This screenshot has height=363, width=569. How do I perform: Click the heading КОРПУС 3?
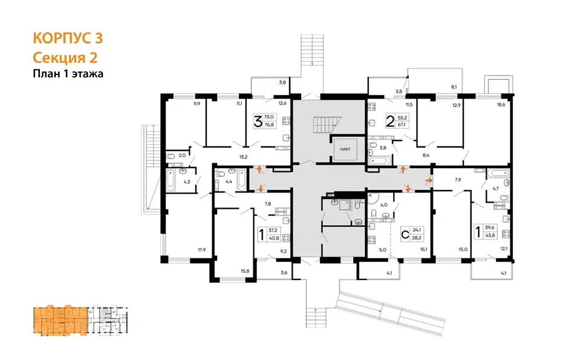pos(68,38)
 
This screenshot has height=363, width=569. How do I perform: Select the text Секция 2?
pos(65,57)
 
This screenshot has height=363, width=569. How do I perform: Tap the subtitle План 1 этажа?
pos(68,74)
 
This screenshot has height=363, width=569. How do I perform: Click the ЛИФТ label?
pos(345,149)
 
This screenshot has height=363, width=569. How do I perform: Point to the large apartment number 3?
pos(258,122)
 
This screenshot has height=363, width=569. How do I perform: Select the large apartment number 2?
pos(390,122)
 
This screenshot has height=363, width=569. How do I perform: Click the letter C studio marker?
pos(405,233)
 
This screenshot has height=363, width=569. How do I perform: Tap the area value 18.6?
pos(501,105)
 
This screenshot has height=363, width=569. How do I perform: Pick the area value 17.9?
pos(202,250)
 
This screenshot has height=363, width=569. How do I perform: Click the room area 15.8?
pos(245,270)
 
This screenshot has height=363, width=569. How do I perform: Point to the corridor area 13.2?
pos(244,157)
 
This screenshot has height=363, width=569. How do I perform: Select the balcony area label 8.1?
pos(454,87)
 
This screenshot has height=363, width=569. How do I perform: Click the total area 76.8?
pos(269,125)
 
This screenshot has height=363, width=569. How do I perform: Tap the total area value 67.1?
pos(402,125)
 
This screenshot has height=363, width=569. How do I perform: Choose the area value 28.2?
pos(417,238)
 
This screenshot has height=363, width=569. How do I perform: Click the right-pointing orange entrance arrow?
pos(429,180)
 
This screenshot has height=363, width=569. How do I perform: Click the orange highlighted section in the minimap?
pos(60,320)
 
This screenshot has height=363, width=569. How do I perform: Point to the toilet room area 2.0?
pos(182,155)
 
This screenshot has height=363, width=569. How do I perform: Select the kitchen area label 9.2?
pos(282,250)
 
